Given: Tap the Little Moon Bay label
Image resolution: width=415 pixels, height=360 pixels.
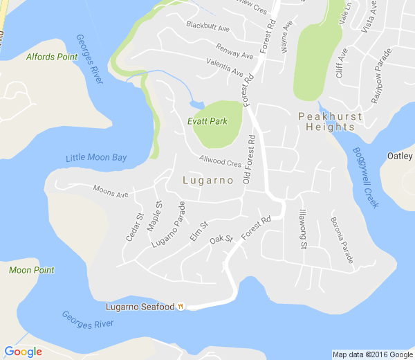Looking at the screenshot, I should (x=96, y=158).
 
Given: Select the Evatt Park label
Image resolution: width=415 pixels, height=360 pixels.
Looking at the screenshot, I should (x=207, y=121).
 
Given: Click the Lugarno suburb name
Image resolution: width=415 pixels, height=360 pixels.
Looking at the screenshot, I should (x=207, y=180).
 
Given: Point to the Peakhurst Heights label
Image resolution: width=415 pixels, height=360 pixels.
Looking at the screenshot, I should (x=331, y=122).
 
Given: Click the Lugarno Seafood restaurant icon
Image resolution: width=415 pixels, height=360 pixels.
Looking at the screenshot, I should (x=181, y=307).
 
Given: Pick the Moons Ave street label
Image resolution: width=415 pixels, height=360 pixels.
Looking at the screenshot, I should (x=111, y=191).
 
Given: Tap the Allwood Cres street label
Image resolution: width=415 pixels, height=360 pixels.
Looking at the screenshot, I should (x=220, y=163).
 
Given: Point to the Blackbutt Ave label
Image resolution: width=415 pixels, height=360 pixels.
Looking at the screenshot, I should (x=207, y=28).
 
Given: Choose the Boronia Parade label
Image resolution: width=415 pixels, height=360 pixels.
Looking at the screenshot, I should (x=343, y=241).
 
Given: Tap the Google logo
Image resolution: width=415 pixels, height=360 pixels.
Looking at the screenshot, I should (x=23, y=352).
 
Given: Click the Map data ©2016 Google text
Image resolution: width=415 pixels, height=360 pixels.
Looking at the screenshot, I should (x=371, y=354).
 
